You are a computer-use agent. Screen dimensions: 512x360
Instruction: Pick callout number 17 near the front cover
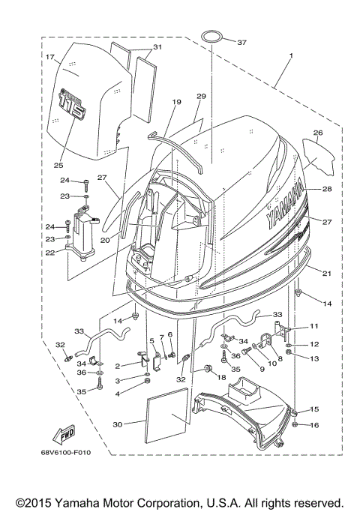[50, 58]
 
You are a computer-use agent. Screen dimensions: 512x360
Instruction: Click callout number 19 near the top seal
[177, 101]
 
